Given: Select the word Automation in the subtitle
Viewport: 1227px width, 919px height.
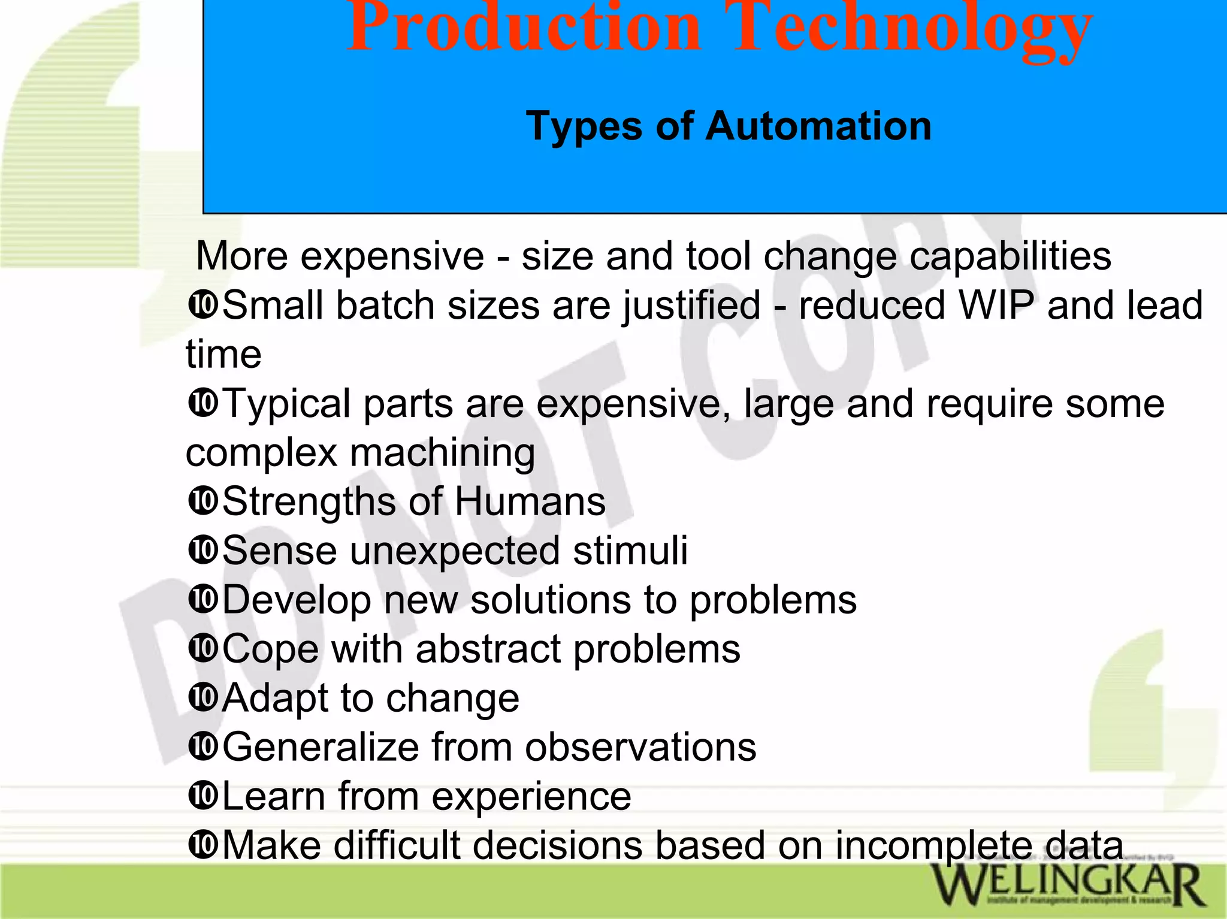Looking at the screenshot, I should click(x=818, y=126).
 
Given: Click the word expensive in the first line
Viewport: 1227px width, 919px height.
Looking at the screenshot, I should click(x=392, y=256).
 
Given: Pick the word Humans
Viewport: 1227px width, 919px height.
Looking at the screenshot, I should click(x=530, y=501).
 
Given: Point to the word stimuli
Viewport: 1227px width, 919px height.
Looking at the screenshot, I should click(x=630, y=551).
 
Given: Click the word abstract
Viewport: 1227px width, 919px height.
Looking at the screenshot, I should click(x=488, y=649).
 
